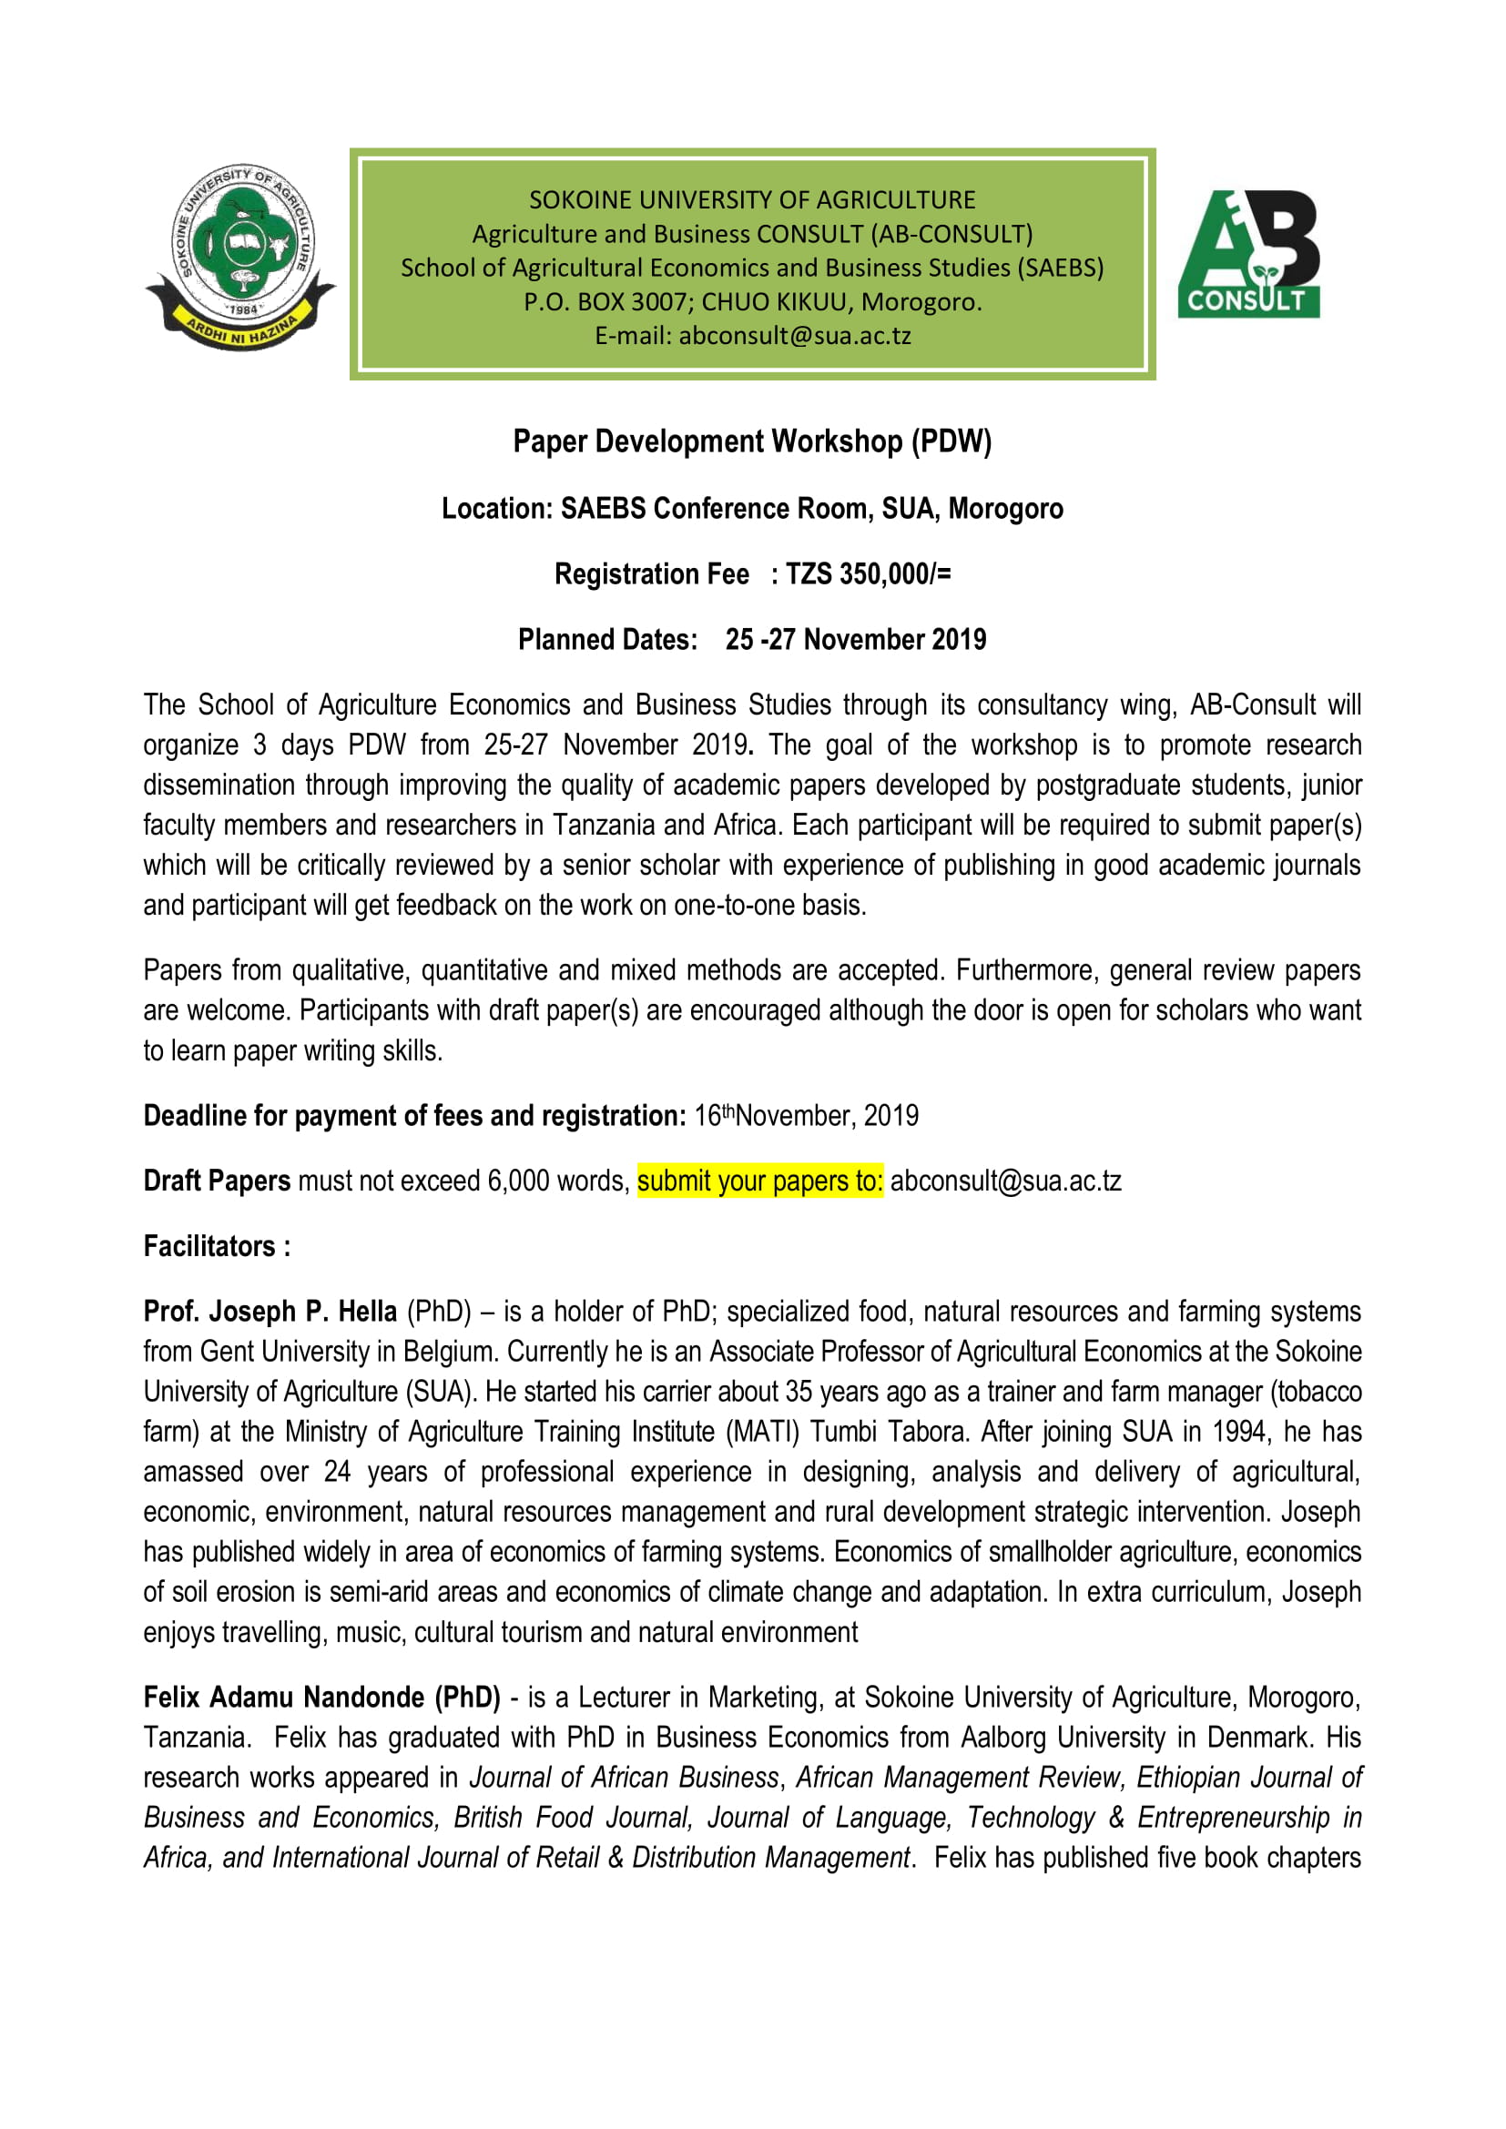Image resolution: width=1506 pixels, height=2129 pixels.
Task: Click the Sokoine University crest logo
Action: pyautogui.click(x=240, y=258)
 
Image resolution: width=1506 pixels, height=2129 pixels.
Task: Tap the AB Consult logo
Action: pyautogui.click(x=1248, y=254)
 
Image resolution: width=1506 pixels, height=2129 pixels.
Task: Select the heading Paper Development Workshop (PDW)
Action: pyautogui.click(x=752, y=441)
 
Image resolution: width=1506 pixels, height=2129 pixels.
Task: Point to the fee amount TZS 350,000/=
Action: pyautogui.click(x=868, y=575)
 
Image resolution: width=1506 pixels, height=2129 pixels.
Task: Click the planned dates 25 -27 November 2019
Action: pyautogui.click(x=855, y=640)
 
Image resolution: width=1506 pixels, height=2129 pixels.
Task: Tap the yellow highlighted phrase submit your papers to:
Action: pyautogui.click(x=759, y=1181)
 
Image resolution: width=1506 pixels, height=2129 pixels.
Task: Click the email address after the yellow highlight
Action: pyautogui.click(x=1005, y=1181)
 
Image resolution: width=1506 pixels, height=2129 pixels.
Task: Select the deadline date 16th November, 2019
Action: pyautogui.click(x=806, y=1116)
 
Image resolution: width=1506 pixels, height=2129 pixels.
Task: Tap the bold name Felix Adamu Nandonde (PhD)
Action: pyautogui.click(x=321, y=1698)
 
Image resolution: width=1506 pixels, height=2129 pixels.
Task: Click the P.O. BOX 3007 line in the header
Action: pyautogui.click(x=752, y=302)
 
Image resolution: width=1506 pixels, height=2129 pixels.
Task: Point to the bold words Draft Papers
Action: pyautogui.click(x=217, y=1181)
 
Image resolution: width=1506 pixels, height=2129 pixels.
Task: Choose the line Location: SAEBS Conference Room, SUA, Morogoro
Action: pyautogui.click(x=752, y=509)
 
